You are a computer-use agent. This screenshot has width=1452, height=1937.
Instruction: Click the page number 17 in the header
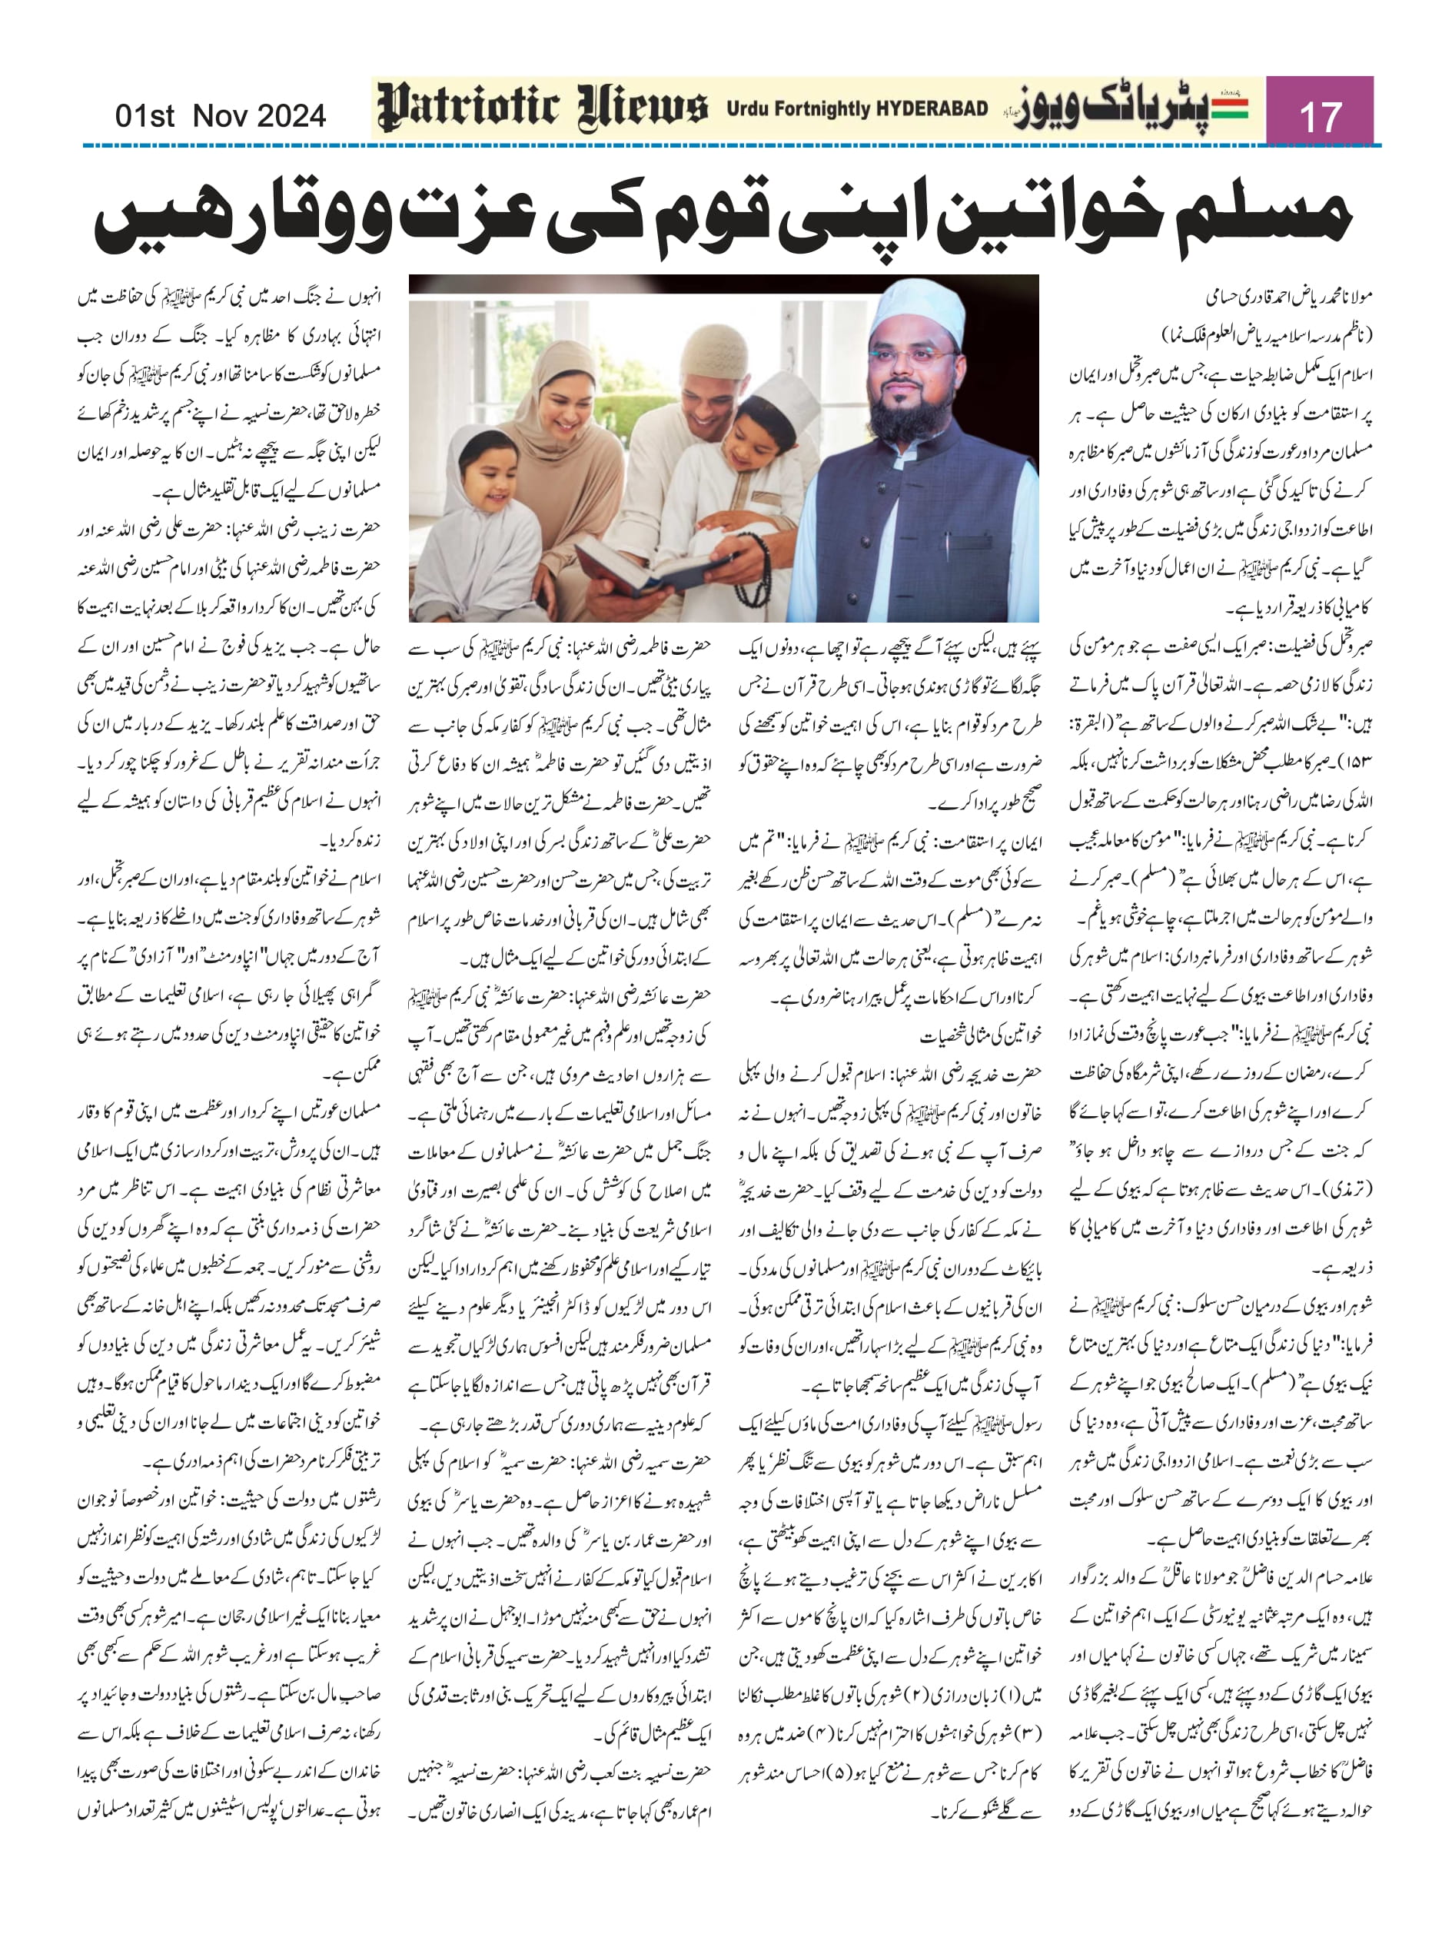click(x=1320, y=115)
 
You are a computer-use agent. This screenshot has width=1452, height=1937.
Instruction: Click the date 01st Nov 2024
click(x=221, y=115)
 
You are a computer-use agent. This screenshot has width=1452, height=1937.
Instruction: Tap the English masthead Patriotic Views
click(x=542, y=108)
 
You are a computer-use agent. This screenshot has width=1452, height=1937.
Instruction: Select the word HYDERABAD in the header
click(x=932, y=108)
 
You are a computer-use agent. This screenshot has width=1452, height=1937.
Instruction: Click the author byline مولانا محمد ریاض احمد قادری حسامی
click(x=1288, y=297)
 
